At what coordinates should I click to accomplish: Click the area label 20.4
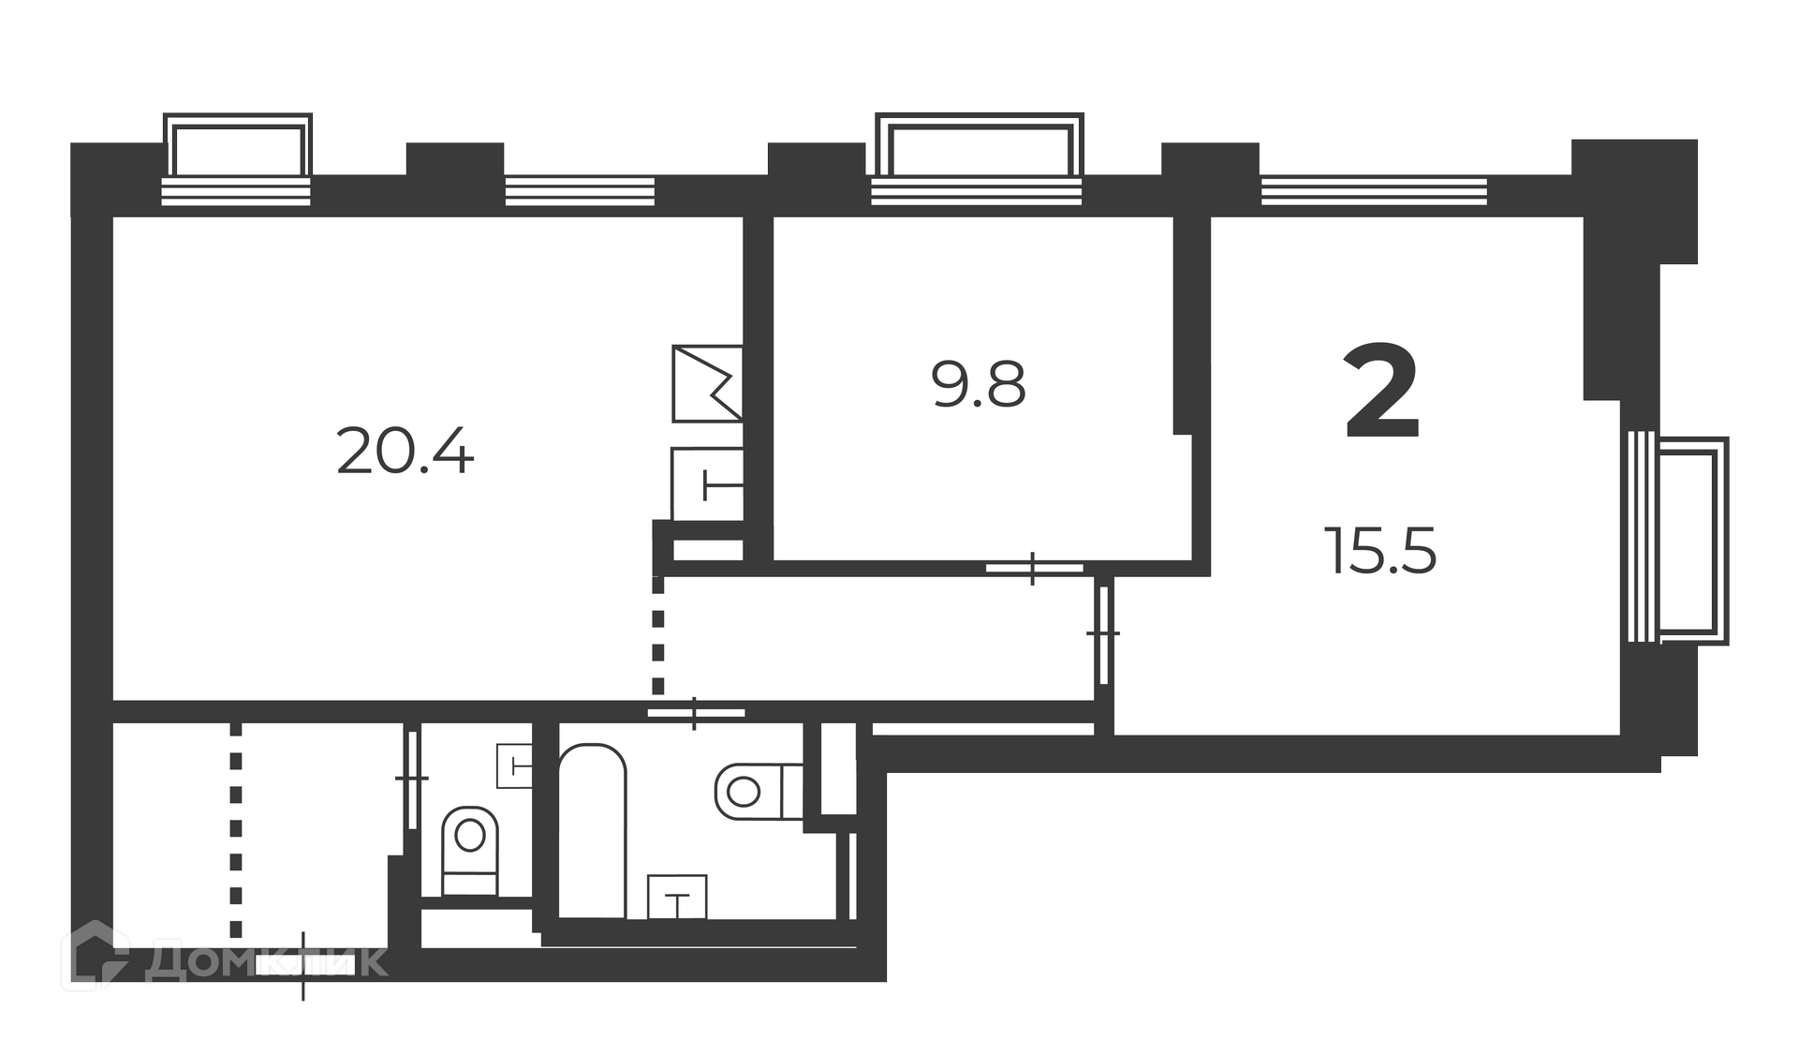tap(405, 452)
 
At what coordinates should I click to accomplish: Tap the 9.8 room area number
tap(979, 384)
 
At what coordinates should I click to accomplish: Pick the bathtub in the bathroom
tap(593, 831)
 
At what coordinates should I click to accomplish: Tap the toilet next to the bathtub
tap(759, 792)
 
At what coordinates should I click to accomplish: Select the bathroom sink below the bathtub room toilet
tap(677, 897)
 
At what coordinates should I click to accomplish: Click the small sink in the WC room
tap(514, 765)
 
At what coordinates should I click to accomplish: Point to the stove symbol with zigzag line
tap(707, 383)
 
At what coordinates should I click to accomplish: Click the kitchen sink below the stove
tap(707, 484)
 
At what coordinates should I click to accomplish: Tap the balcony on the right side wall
tap(1678, 541)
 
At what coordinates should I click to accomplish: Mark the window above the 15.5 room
tap(1374, 190)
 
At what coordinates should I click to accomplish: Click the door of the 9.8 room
tap(1034, 568)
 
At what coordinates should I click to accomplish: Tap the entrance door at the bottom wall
tap(303, 965)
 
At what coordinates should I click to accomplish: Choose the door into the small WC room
tap(412, 778)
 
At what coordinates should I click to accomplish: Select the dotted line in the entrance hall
tap(236, 830)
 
